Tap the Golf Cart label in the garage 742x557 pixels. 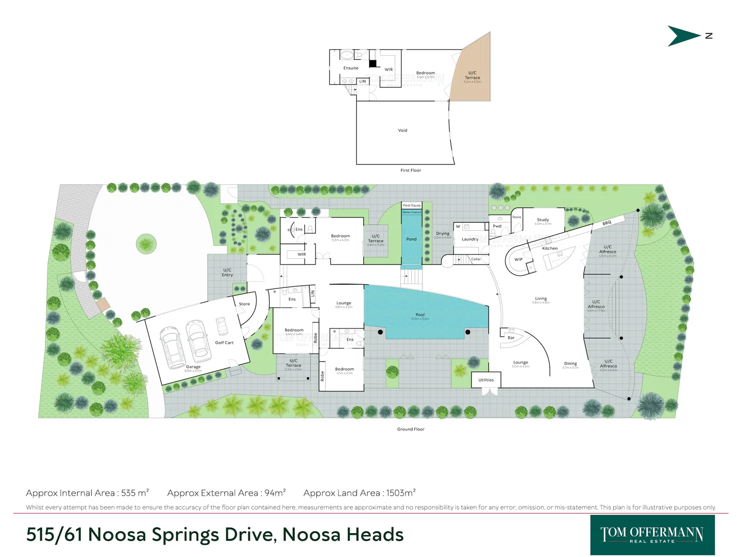coord(224,342)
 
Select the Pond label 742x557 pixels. coord(411,239)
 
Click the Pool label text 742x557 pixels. coord(420,315)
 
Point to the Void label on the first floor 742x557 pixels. coord(402,130)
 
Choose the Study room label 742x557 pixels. coord(543,220)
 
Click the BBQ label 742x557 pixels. coord(606,223)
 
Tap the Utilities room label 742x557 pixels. coord(486,380)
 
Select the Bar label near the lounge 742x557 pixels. coord(511,338)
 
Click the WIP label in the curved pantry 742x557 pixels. coord(518,259)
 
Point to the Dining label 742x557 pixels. coord(570,364)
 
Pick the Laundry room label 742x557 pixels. coord(470,239)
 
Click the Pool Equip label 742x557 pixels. coord(412,205)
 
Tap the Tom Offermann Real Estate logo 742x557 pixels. coord(652,535)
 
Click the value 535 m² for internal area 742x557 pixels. coord(135,493)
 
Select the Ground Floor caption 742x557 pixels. coord(411,429)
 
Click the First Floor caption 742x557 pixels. coord(411,170)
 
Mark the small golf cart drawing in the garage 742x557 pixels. coord(222,326)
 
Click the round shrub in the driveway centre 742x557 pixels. coord(146,243)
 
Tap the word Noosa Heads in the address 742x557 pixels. coord(343,535)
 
